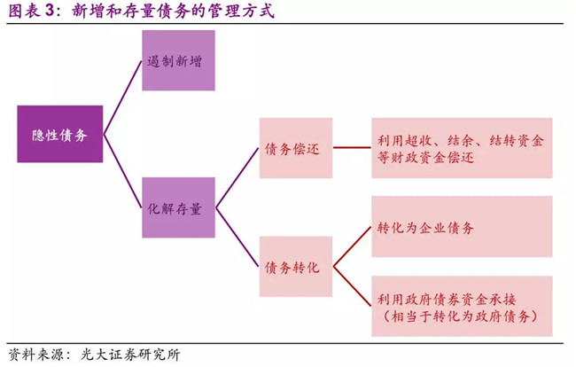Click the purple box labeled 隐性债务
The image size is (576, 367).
(x=59, y=133)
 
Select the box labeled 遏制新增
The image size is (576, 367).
(x=178, y=60)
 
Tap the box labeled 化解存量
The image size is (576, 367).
(x=178, y=207)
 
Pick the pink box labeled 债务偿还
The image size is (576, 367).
(x=295, y=148)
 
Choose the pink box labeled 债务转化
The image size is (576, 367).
(x=295, y=266)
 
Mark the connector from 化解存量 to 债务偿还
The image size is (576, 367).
(x=237, y=178)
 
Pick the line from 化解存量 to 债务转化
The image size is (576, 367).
(x=237, y=237)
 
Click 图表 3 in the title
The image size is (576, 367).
(x=29, y=12)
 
